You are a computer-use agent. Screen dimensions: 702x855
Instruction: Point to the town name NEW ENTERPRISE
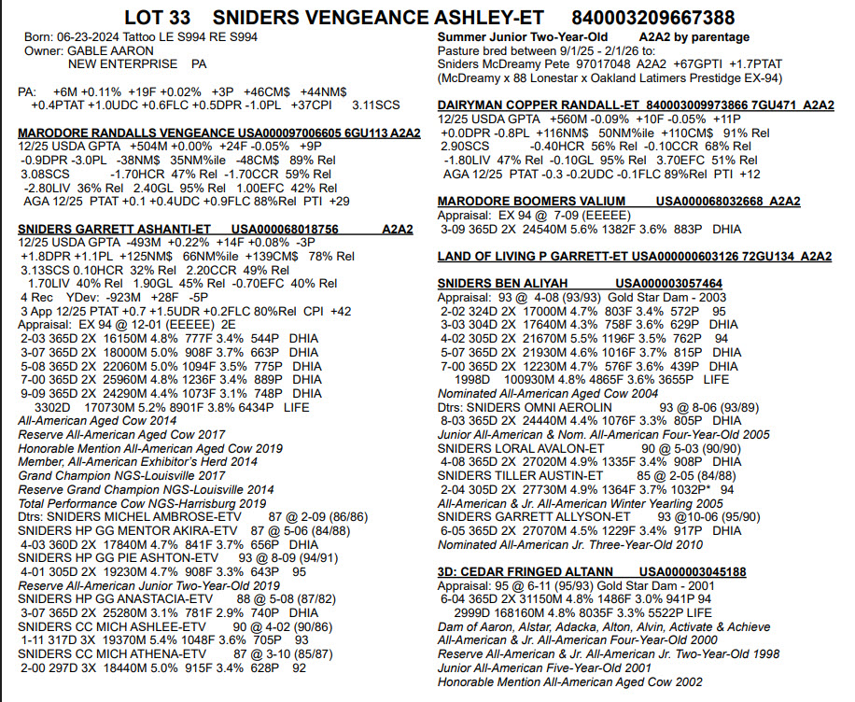coord(122,63)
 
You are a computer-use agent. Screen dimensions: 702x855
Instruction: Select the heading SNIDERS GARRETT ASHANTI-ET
coord(115,230)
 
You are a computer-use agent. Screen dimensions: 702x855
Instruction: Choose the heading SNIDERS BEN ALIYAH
coord(501,283)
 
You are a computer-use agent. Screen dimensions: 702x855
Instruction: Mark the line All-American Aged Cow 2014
coord(97,421)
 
